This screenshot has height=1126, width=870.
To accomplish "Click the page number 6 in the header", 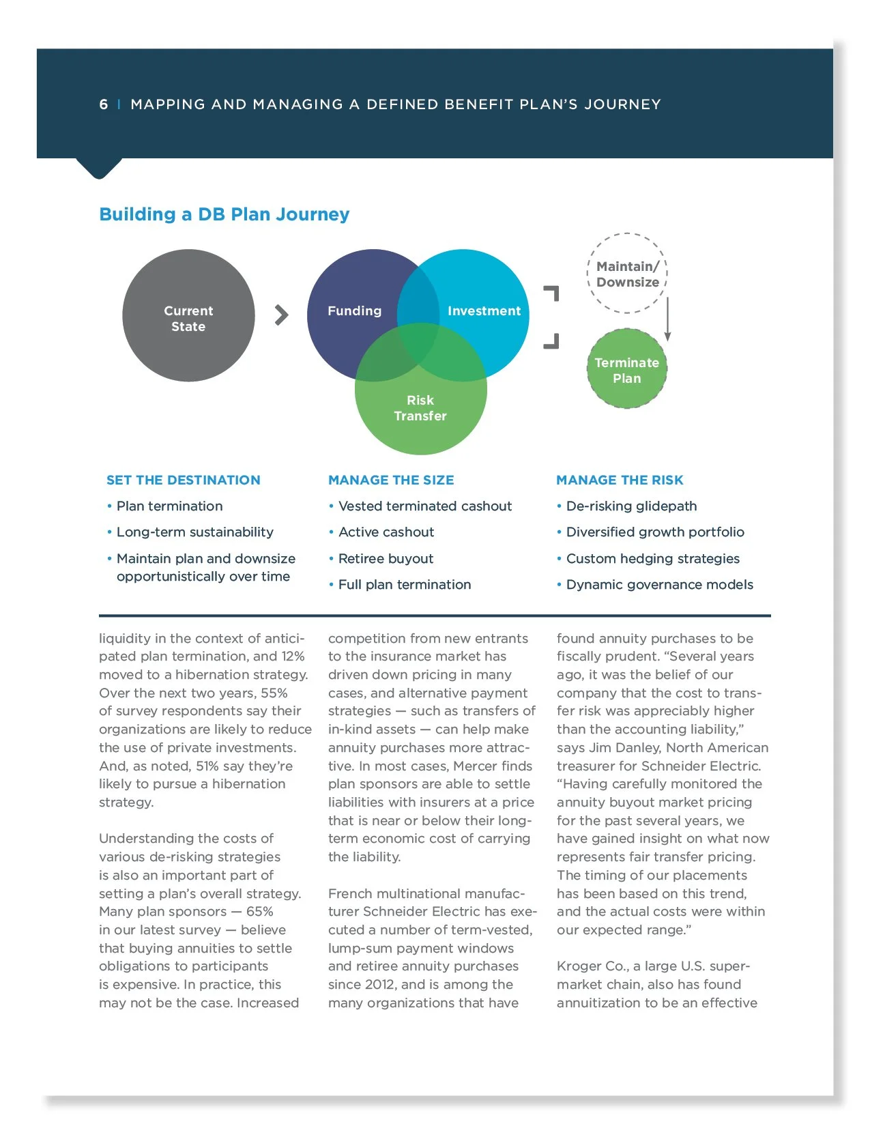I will pos(104,104).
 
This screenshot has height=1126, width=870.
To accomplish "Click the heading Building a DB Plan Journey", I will pos(224,214).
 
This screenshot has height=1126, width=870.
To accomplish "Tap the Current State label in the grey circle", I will pos(188,319).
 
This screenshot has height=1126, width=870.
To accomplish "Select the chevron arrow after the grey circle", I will pos(281,315).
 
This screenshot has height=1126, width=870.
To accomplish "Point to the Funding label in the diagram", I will pos(354,311).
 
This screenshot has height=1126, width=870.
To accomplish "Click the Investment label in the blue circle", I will pos(484,311).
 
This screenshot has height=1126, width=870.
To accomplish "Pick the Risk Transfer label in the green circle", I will pos(420,408).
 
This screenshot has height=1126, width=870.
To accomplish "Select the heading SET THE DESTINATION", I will pos(183,480).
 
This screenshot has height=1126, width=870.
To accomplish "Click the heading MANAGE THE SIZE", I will pos(391,480).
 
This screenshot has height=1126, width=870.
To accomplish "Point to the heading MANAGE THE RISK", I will pos(620,480).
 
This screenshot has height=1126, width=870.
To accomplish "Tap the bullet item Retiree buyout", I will pos(386,559).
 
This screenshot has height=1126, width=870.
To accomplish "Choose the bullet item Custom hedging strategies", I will pos(652,559).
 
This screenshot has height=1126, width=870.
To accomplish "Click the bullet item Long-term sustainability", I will pos(194,532).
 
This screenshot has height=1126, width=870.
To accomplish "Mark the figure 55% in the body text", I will pos(274,693).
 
